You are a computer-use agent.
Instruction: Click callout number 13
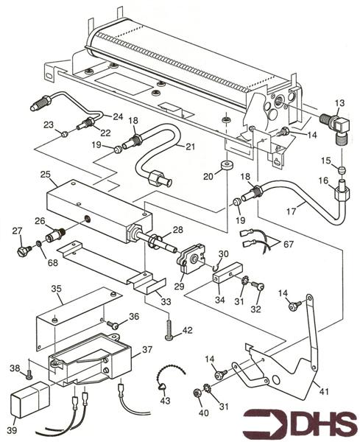click(x=339, y=102)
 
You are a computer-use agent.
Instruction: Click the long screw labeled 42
click(x=170, y=327)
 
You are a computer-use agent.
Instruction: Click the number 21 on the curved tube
click(x=190, y=147)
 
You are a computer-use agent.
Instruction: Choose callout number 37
click(x=147, y=350)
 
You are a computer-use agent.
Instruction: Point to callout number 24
click(x=117, y=116)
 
